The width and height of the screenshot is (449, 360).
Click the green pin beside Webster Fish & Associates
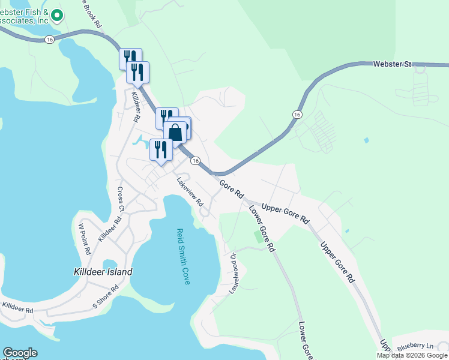(x=57, y=14)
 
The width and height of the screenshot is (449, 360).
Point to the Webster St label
(x=391, y=63)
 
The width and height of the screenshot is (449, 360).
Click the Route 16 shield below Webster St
(x=297, y=114)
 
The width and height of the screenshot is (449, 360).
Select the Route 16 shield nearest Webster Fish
(x=49, y=39)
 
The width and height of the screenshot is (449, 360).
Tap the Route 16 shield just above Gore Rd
(x=195, y=160)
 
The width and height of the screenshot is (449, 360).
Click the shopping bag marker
(x=175, y=132)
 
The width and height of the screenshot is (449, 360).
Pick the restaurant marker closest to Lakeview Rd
(x=160, y=149)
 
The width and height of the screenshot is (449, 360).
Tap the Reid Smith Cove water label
(x=182, y=256)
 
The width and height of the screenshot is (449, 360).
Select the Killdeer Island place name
(x=99, y=272)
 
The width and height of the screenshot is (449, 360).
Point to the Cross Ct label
(x=120, y=199)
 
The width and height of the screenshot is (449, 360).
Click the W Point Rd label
(x=85, y=238)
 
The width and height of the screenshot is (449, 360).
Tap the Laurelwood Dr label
(x=234, y=273)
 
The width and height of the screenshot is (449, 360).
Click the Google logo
(x=20, y=353)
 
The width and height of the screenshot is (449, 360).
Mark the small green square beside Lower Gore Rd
(x=259, y=236)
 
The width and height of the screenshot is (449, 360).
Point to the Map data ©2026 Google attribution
(x=411, y=355)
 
